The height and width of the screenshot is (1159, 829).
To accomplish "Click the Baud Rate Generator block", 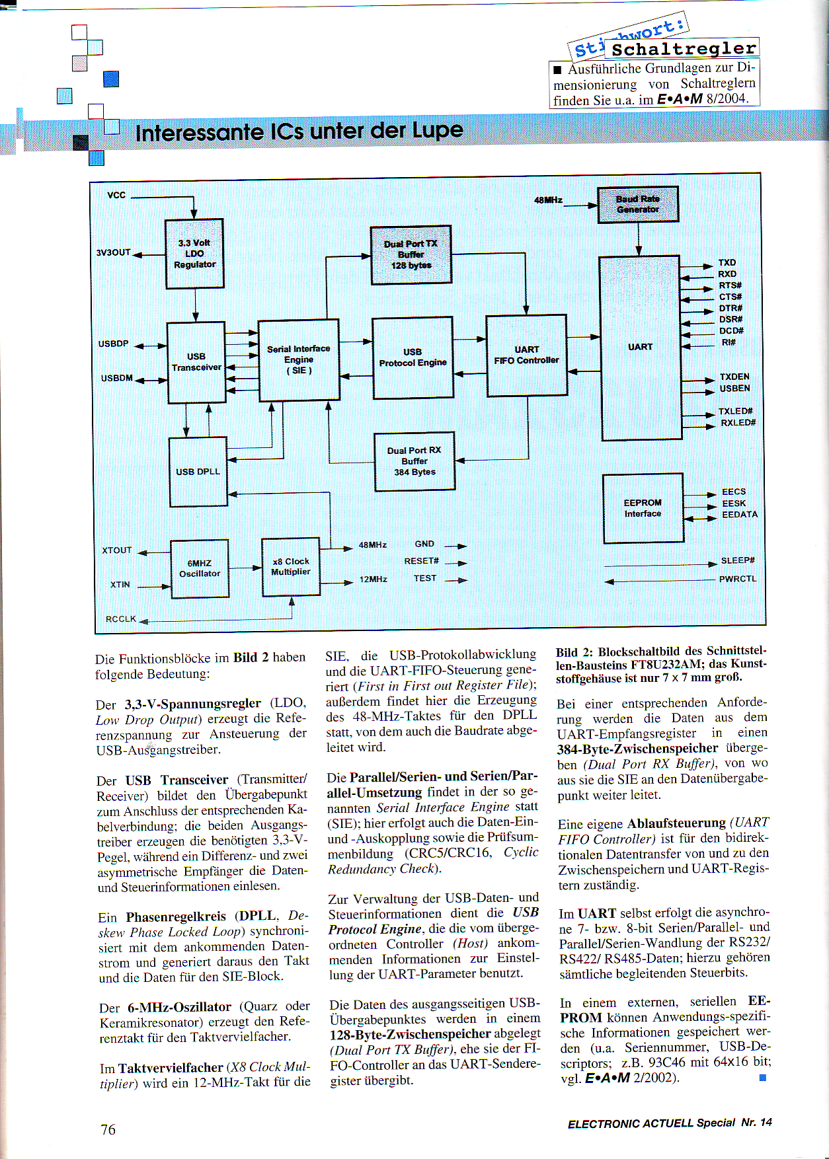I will [x=637, y=204].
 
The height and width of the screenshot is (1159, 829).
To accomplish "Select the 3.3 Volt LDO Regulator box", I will [x=194, y=254].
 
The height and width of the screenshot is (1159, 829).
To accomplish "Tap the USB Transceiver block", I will [x=196, y=362].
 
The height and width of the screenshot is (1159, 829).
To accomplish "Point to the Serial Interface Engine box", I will [x=299, y=359].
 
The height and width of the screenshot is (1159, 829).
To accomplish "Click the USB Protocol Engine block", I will [x=413, y=357].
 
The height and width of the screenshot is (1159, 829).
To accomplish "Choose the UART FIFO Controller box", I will [x=526, y=355].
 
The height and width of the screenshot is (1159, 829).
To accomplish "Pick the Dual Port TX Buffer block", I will [x=411, y=254].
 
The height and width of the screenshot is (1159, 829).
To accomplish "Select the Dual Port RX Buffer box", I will [x=414, y=461].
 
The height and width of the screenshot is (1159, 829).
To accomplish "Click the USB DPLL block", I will [x=198, y=471].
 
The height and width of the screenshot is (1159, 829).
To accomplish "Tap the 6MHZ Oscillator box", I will [x=200, y=568].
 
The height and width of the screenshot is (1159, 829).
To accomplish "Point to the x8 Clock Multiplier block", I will [x=291, y=566].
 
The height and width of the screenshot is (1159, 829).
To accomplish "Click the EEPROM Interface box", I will [x=643, y=507].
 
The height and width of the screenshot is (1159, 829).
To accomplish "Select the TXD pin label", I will [x=727, y=262].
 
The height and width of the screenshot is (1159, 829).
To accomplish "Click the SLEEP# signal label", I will [x=738, y=560].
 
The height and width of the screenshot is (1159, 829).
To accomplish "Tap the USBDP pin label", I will [x=113, y=344].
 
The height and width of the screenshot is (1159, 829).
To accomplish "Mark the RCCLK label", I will [x=120, y=619].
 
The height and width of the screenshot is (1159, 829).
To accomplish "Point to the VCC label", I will [x=116, y=195].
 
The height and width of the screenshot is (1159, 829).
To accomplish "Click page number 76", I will [x=108, y=1129].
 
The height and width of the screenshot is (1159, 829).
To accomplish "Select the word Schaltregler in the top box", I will [x=684, y=49].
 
